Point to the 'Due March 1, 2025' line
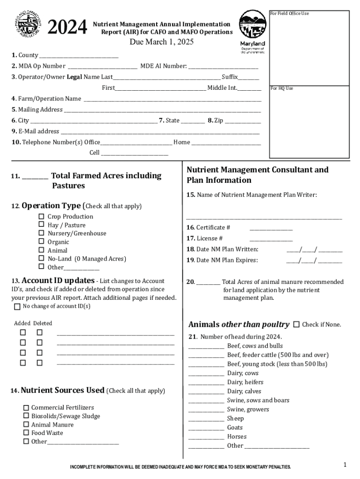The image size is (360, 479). (x=162, y=43)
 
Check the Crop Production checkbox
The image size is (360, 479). (x=41, y=217)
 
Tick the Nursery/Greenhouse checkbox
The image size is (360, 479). (x=41, y=233)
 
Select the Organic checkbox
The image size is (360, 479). (x=41, y=242)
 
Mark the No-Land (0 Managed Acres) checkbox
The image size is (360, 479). (x=41, y=259)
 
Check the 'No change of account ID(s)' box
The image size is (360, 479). (x=17, y=307)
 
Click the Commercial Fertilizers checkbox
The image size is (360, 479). (x=26, y=408)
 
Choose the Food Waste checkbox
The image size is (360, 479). (x=26, y=433)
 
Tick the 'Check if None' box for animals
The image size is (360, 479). (x=296, y=325)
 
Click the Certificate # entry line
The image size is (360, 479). (x=271, y=229)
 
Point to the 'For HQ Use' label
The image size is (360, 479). (x=282, y=88)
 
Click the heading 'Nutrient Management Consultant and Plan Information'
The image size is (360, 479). (x=258, y=175)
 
